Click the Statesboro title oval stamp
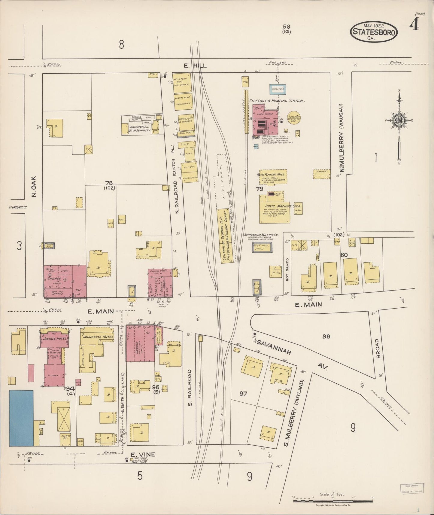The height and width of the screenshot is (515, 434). pyautogui.click(x=374, y=31)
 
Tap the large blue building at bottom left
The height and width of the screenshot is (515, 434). pyautogui.click(x=21, y=418)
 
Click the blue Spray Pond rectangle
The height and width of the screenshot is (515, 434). pyautogui.click(x=278, y=89)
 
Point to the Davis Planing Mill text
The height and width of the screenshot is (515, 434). pyautogui.click(x=271, y=174)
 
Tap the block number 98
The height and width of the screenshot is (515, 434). pyautogui.click(x=326, y=336)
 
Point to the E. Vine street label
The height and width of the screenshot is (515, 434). pyautogui.click(x=143, y=454)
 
